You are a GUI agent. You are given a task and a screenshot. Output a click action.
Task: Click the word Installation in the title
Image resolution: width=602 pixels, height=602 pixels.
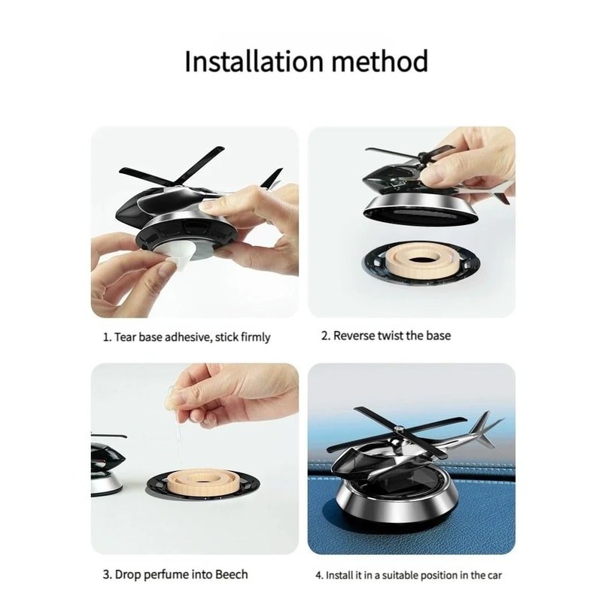[253, 62]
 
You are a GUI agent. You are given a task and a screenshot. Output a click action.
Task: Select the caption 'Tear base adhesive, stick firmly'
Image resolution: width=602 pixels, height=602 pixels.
[186, 336]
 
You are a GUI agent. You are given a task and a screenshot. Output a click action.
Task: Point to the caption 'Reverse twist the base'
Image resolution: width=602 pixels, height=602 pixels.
[386, 336]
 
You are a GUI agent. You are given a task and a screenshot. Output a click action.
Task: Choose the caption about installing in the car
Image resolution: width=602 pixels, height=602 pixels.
[414, 575]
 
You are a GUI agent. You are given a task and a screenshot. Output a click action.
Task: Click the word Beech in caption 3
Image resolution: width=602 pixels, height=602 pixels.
[230, 574]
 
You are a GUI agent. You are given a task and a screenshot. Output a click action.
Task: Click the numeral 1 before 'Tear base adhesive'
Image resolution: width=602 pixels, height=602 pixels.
[106, 336]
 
